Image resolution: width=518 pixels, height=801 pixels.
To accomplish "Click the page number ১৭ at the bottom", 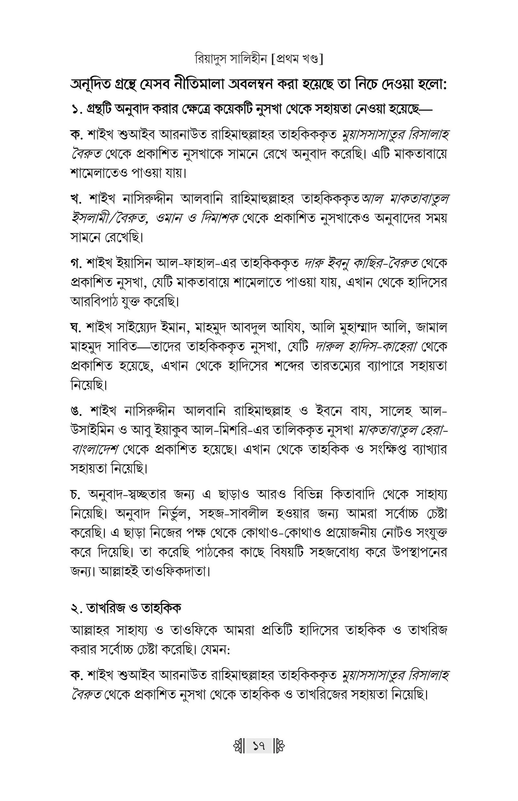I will coord(259,748).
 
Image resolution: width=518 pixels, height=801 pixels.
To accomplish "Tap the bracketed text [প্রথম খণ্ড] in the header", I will coord(297,60).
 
